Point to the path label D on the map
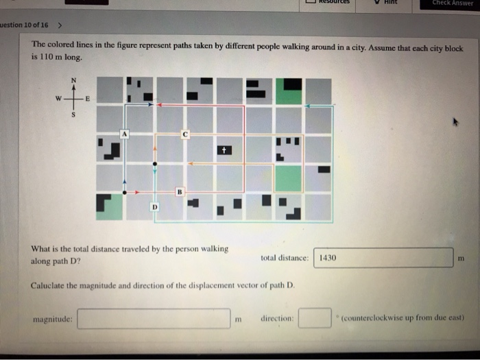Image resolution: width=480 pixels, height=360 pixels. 155,206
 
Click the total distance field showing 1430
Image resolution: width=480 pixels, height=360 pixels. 384,258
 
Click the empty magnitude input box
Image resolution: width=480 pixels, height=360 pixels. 154,318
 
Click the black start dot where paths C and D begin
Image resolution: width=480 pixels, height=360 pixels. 155,164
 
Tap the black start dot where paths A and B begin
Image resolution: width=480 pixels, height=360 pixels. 125,193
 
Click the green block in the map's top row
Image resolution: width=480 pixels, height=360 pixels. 289,91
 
